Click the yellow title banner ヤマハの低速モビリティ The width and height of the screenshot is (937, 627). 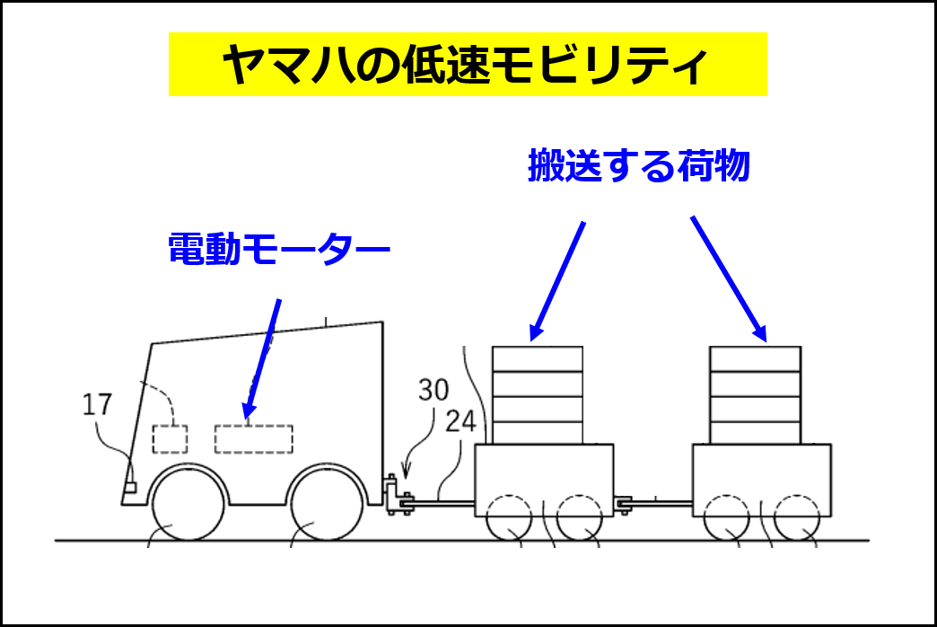[468, 64]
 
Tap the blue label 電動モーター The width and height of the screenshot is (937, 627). [279, 249]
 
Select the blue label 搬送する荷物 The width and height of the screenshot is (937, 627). [639, 165]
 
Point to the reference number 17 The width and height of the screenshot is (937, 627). [97, 405]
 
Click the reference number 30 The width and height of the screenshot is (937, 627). [433, 390]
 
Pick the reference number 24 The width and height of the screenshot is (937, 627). [460, 422]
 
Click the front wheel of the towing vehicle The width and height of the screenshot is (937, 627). [188, 504]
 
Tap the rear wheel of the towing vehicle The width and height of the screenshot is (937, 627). [327, 504]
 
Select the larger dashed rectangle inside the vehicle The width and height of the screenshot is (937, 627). [254, 439]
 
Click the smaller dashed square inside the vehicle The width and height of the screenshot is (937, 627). [171, 439]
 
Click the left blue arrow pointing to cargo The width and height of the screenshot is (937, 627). [557, 281]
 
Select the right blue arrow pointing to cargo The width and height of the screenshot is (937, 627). [729, 278]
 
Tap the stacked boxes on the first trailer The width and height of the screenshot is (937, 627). [538, 395]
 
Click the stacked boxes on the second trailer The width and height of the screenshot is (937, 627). [756, 395]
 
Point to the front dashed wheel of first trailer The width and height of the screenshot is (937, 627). [509, 518]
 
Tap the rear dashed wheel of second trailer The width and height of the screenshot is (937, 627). [797, 518]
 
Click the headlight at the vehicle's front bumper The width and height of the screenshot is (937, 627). [129, 488]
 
